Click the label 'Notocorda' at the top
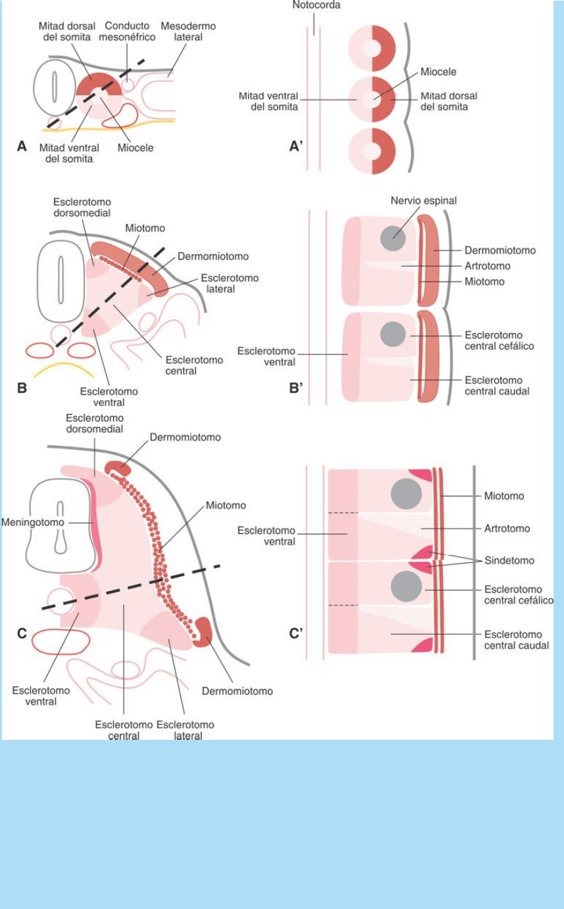317,5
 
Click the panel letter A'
295,147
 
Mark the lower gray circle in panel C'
406,585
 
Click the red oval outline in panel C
61,642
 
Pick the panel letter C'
296,636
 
